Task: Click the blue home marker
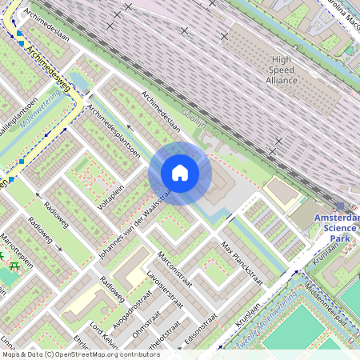click(180, 173)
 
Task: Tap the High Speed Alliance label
click(282, 70)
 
